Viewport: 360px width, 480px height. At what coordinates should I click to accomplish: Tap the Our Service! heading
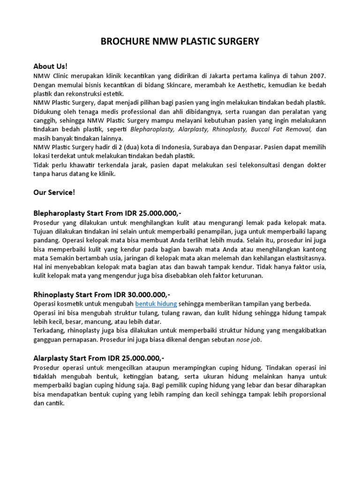pos(54,192)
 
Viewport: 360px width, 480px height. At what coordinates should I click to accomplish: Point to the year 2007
pos(316,76)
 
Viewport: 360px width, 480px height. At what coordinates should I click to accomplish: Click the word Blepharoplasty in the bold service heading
pos(59,212)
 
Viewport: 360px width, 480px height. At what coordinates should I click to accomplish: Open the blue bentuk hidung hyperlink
pos(156,304)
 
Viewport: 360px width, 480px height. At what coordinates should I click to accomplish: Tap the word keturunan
pos(246,276)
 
